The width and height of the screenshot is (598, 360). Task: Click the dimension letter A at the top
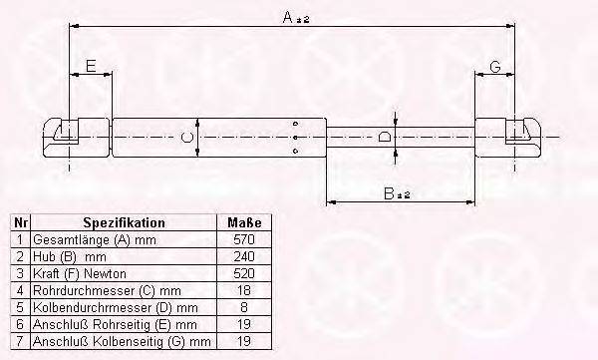click(x=288, y=17)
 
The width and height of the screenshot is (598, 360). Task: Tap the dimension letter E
click(x=91, y=66)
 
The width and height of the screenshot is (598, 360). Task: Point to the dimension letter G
click(x=495, y=67)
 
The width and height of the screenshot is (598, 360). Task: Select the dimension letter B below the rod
click(x=389, y=193)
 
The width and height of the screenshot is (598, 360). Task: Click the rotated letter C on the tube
click(x=186, y=137)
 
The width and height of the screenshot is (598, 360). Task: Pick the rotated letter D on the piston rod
click(x=385, y=137)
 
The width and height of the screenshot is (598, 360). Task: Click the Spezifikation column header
click(x=124, y=222)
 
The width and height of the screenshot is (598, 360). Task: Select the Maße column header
click(x=244, y=222)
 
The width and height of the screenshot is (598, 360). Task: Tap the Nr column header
click(x=21, y=222)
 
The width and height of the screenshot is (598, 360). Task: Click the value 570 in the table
click(x=244, y=239)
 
